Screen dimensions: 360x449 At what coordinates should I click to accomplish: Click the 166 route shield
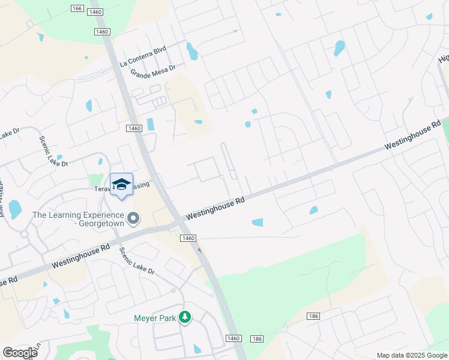[x=76, y=8]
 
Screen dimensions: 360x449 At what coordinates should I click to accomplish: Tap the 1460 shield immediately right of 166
[x=95, y=12]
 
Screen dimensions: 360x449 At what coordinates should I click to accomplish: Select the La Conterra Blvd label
[x=143, y=56]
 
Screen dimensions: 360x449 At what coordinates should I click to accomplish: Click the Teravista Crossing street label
[x=122, y=187]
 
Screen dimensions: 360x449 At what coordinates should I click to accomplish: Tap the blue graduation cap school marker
[x=121, y=184]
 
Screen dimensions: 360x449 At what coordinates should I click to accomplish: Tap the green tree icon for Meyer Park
[x=186, y=316]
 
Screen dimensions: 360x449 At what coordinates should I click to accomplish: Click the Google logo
[x=20, y=353]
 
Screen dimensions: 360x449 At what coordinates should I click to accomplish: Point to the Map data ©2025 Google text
[x=412, y=355]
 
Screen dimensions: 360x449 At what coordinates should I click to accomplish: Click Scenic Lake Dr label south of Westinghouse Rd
[x=136, y=262]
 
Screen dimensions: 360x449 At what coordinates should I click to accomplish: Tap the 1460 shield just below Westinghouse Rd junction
[x=188, y=238]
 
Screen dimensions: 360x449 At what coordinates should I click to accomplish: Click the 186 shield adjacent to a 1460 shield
[x=257, y=339]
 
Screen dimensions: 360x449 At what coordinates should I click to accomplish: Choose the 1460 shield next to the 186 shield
[x=234, y=339]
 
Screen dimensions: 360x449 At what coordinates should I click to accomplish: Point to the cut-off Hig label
[x=443, y=58]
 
